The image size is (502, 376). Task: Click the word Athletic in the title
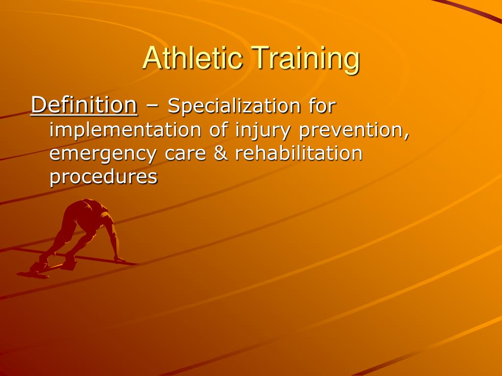(192, 58)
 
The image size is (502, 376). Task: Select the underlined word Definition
(84, 105)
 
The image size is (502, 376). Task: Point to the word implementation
(125, 131)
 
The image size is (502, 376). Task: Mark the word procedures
(103, 177)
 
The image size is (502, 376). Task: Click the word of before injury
(216, 130)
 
